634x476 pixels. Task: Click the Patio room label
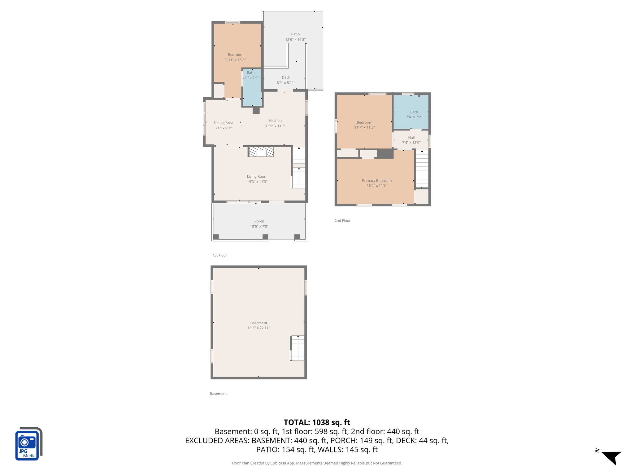295,34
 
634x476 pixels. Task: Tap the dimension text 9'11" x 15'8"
235,60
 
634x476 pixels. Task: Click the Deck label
286,77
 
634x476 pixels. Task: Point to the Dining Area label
223,123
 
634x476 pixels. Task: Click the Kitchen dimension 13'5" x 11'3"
275,126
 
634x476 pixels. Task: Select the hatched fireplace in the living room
261,152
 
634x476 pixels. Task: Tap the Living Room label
257,176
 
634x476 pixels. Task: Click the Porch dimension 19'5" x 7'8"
259,227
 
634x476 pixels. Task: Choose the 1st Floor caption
220,255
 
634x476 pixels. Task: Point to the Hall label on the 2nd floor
411,138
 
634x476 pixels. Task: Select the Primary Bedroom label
377,181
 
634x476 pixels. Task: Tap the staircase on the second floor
422,169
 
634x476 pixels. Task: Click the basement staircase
297,348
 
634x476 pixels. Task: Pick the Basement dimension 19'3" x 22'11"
258,328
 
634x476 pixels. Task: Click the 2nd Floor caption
342,221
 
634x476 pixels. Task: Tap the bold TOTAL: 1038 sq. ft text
317,422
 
